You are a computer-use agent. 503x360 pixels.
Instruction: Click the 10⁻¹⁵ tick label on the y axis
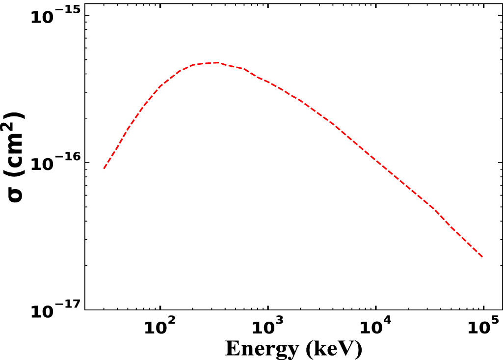[x=54, y=16]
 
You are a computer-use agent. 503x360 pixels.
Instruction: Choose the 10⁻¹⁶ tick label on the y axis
[x=54, y=163]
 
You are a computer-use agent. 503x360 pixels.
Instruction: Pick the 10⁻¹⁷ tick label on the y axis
[x=54, y=310]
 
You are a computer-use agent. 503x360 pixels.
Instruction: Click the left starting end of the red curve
[x=104, y=169]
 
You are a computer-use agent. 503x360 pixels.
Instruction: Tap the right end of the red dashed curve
[x=483, y=257]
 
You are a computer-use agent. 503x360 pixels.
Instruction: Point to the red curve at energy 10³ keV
[x=268, y=82]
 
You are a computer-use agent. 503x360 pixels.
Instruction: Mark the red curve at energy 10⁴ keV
[x=376, y=161]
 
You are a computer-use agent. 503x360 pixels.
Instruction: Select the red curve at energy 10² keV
[x=160, y=86]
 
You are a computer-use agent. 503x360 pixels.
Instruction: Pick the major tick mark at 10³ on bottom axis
[x=268, y=306]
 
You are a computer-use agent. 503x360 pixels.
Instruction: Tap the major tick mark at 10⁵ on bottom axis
[x=483, y=306]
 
